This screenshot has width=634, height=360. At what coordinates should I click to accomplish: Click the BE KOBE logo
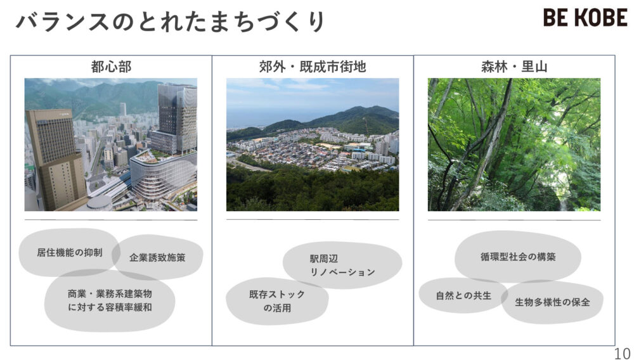point(585,18)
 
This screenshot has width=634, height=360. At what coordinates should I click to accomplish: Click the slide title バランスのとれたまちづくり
point(170,22)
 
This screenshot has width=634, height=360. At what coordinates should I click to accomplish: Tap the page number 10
point(622,352)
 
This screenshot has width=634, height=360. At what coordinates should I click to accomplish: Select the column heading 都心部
point(111,67)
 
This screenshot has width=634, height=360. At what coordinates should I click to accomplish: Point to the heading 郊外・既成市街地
point(313,67)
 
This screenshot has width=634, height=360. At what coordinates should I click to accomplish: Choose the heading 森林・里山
point(514,67)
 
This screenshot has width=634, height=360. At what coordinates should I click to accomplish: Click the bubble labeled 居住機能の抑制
point(68,252)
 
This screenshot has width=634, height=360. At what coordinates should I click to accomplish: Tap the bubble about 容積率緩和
point(110,300)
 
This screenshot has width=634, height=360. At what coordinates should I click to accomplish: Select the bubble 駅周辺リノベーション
point(342,266)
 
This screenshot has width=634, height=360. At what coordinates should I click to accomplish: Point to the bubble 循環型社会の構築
point(517,257)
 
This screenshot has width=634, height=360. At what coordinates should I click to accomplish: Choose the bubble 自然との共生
point(463,295)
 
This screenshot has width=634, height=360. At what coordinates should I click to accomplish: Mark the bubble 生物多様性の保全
point(552,302)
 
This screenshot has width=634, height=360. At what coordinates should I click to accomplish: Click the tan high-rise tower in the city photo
point(54,158)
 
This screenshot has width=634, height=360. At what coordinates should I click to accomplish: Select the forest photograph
point(514,145)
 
